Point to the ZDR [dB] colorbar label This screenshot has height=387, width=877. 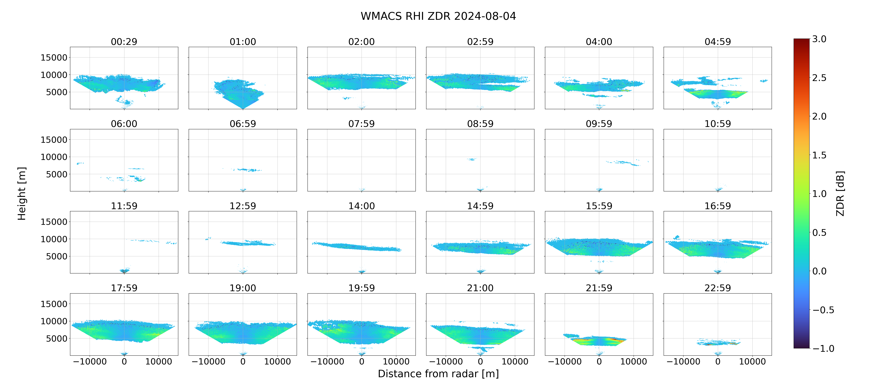[x=840, y=193]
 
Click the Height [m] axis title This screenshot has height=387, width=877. [x=22, y=193]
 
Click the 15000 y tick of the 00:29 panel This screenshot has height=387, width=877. [x=54, y=58]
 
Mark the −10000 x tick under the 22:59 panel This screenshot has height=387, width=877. [x=683, y=361]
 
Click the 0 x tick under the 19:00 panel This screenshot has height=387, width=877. [x=243, y=361]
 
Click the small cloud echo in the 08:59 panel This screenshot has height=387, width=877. [x=472, y=159]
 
